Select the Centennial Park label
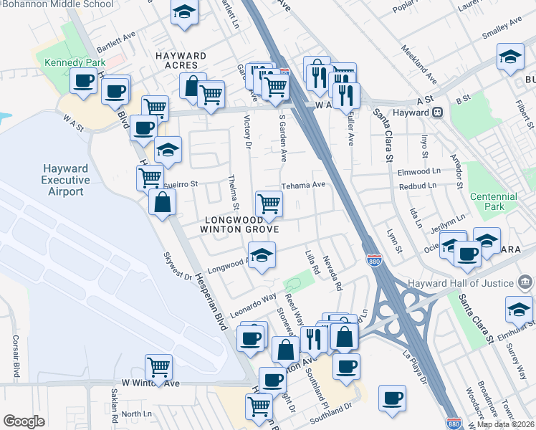(493, 201)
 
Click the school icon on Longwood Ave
(262, 255)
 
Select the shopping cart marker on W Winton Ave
(158, 367)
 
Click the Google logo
(24, 421)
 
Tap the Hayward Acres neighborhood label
(182, 61)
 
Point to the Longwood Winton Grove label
(241, 224)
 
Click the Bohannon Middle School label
(56, 4)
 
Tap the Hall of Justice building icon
(525, 280)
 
